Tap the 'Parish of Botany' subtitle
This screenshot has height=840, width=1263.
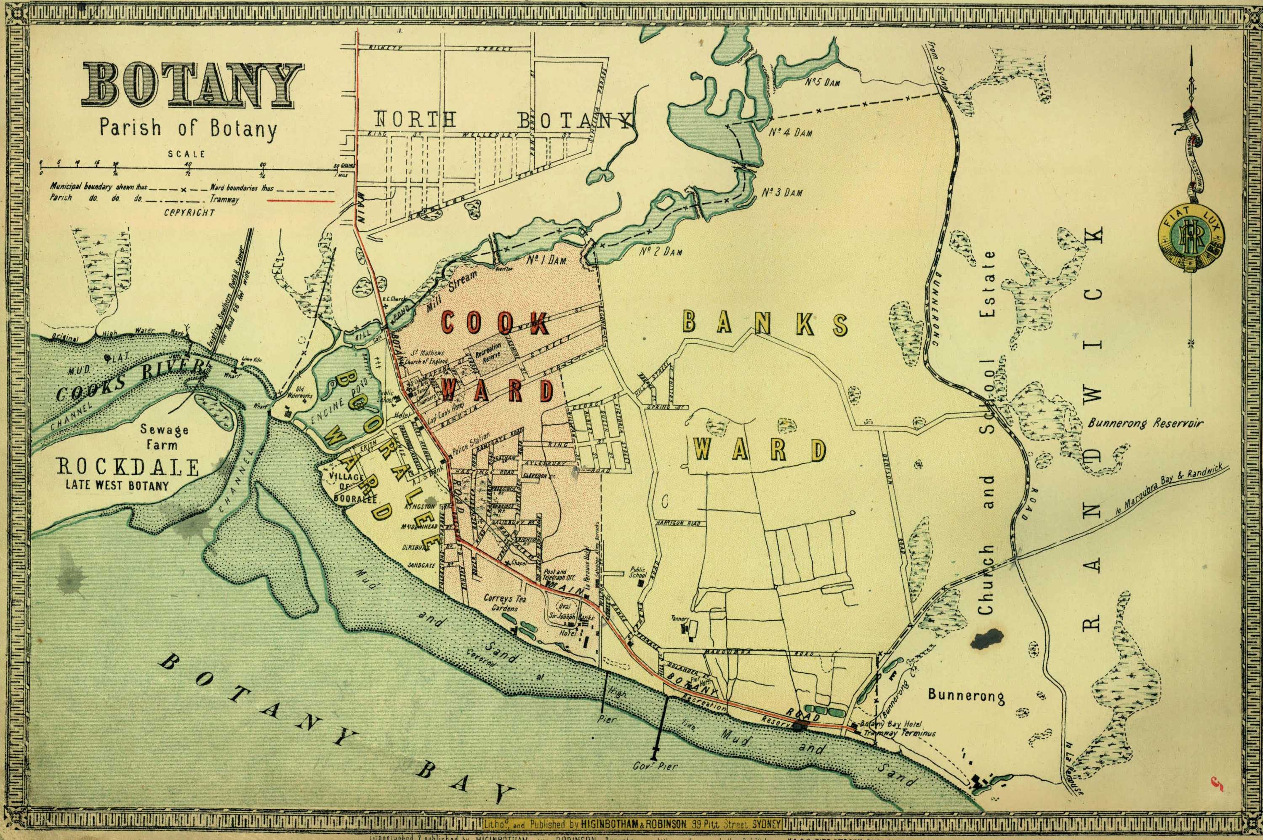(x=187, y=129)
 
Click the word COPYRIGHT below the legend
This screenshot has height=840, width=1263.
(x=189, y=212)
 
